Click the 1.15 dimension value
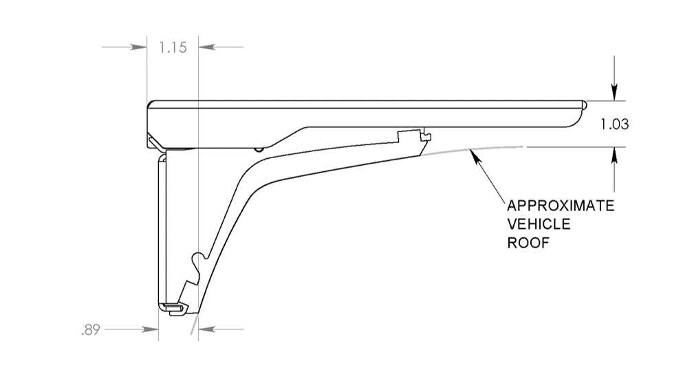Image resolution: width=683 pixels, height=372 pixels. coord(173,48)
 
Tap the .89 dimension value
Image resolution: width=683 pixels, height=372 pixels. coord(90,330)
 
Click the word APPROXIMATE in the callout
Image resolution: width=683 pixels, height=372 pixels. coord(560,206)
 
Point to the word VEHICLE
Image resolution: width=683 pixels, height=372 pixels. coord(539,225)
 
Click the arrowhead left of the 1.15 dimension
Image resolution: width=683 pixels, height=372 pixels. coord(140,47)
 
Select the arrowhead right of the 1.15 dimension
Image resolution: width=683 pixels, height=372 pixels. coord(206,47)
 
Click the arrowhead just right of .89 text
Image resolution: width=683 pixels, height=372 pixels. coord(151,330)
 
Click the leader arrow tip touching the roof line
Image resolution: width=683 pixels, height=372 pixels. coord(471,153)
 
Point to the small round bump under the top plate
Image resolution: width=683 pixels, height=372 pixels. coord(257,149)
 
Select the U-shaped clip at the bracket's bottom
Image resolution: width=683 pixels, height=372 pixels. coord(173,307)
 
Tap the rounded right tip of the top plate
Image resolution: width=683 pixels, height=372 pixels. coord(583,105)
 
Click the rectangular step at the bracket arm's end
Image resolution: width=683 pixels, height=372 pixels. coord(412,135)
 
